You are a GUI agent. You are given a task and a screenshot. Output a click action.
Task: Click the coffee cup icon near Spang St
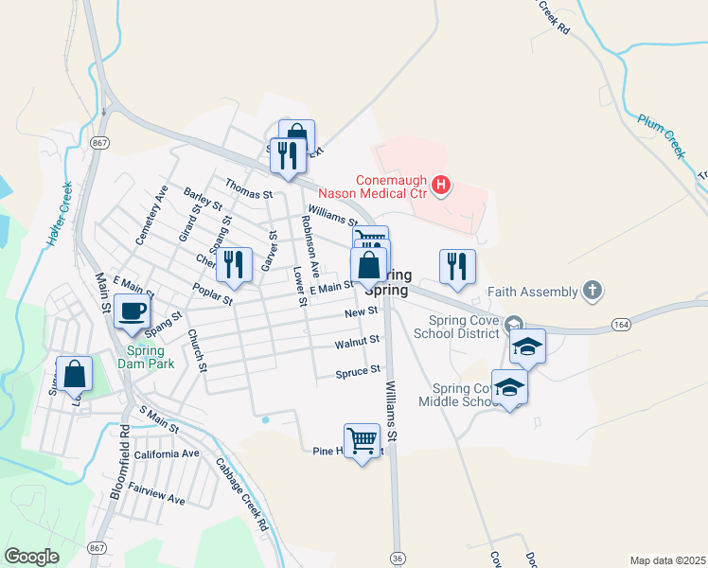coord(132,311)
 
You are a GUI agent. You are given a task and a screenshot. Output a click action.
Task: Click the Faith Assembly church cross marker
coord(592,291)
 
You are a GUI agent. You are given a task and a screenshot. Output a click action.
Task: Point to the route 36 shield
coord(397,559)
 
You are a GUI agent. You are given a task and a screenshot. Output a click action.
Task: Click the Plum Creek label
coord(661,135)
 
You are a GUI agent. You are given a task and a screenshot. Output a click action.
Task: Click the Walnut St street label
coord(357,342)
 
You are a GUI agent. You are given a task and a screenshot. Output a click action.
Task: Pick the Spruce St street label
coord(358,371)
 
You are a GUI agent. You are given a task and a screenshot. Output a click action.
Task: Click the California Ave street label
coord(167,454)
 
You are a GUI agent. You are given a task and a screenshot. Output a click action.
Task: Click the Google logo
coord(31,557)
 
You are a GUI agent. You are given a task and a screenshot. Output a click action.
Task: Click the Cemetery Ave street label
coord(150,215)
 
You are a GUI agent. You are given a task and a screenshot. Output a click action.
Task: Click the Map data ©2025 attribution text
coord(667,560)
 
